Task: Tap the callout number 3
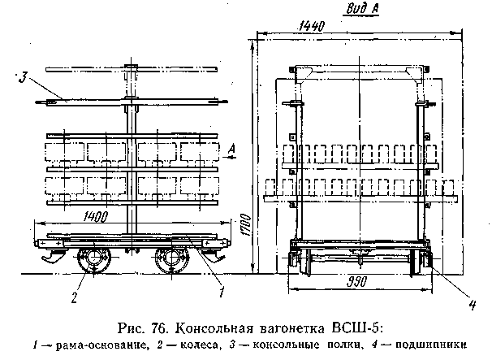point(24,78)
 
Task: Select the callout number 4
point(471,307)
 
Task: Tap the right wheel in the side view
point(170,262)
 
